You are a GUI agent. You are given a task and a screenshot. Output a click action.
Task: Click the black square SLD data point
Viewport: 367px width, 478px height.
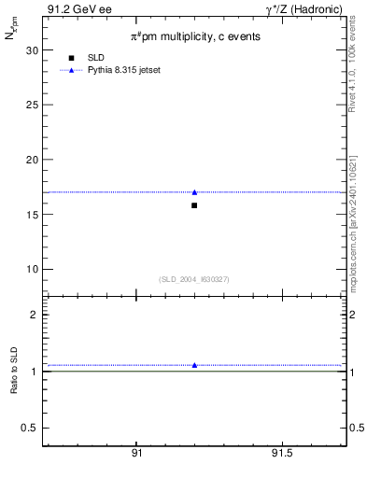194,205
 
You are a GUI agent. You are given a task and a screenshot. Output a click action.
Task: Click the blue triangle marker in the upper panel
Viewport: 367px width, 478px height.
194,192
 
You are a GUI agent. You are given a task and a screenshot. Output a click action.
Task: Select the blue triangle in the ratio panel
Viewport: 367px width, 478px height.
194,365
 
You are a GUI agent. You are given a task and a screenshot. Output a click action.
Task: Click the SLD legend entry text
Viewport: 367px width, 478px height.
95,58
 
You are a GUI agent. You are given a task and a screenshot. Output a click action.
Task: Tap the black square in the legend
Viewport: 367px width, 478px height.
71,58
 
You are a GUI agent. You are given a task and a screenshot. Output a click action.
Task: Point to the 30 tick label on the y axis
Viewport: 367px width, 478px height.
31,50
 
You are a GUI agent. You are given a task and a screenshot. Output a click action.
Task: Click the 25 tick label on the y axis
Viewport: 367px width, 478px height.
31,105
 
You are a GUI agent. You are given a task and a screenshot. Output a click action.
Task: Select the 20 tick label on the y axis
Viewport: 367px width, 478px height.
31,160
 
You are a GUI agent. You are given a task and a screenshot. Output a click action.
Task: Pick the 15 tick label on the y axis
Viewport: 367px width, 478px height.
31,215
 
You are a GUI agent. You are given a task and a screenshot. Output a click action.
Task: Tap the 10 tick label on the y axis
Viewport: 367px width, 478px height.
31,269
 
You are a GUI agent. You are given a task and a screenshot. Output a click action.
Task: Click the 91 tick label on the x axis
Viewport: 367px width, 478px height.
136,454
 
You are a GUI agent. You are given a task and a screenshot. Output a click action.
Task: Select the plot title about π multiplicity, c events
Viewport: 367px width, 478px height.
194,36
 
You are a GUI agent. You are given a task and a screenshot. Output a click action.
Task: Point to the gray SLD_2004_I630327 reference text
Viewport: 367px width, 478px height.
194,279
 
